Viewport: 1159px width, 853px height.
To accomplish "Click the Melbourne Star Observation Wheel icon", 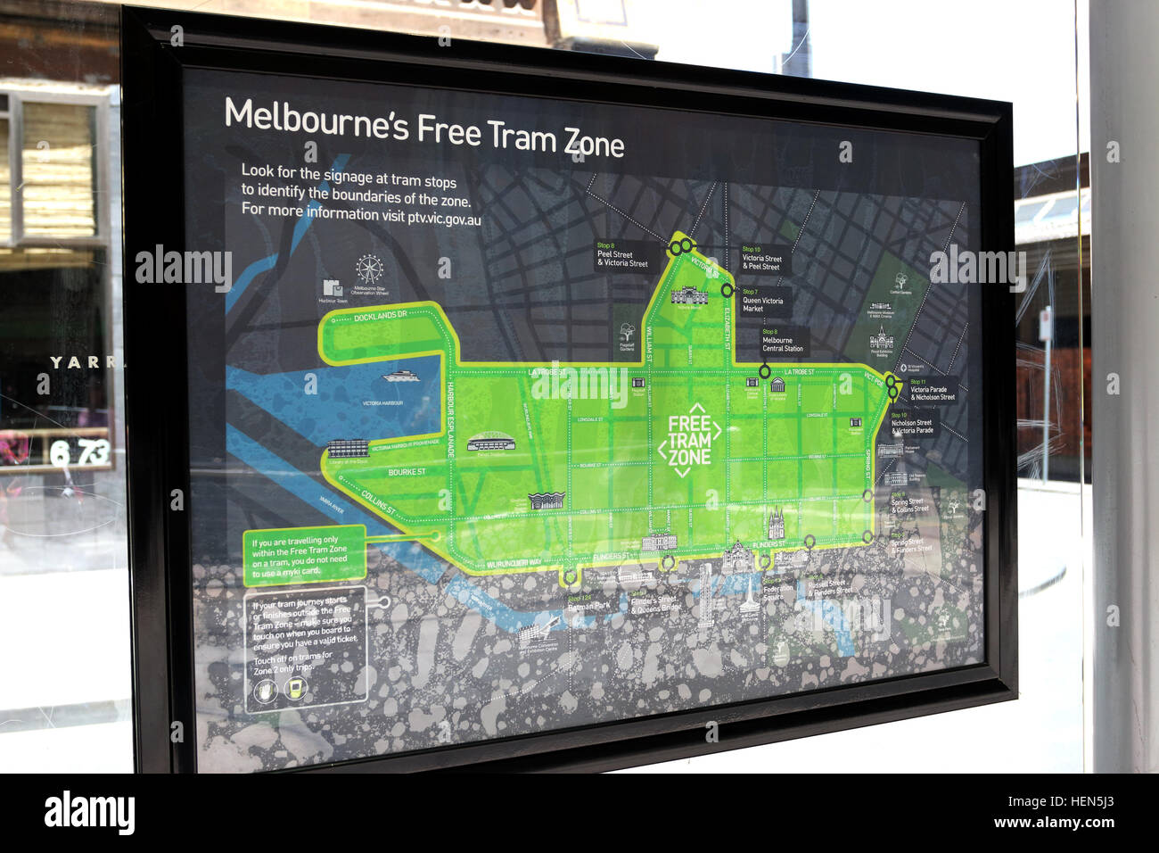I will (368, 269).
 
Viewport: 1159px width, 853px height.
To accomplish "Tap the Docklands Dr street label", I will (380, 317).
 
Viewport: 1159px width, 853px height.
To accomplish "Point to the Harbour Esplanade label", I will (451, 420).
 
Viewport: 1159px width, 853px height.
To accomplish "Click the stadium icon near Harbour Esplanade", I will (486, 443).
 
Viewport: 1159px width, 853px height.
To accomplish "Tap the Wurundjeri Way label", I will (514, 564).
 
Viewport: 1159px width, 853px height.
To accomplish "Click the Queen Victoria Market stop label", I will (763, 303).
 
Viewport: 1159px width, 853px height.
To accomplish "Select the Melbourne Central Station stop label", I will (783, 343).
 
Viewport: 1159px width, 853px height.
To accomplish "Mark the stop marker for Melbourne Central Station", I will (765, 371).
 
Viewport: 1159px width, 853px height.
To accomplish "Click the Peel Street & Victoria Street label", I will (622, 258).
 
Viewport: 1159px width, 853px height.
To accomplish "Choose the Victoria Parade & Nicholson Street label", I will (932, 393).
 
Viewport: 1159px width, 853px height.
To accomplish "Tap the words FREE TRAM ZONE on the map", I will (689, 440).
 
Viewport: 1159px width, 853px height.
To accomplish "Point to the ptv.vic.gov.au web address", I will (444, 219).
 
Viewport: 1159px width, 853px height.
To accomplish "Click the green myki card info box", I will (303, 555).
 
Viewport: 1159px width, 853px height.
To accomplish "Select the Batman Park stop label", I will (589, 607).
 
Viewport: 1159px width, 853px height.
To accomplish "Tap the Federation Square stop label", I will (778, 592).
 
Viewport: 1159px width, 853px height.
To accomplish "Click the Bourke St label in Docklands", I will (407, 472).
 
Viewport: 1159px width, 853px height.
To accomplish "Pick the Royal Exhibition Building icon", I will (882, 342).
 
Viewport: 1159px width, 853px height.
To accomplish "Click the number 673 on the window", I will (79, 453).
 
